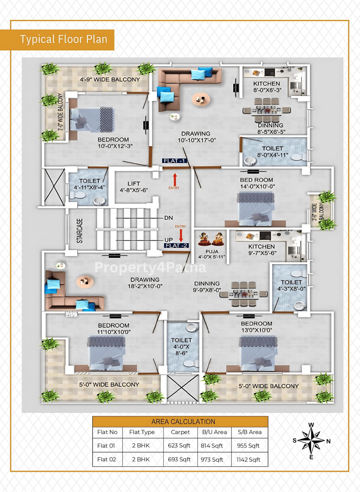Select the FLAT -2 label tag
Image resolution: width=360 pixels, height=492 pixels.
[x=176, y=246]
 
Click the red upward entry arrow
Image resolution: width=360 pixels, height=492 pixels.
[x=175, y=179]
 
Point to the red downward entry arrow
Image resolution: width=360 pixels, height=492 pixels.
[x=181, y=235]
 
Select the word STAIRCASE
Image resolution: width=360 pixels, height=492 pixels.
[x=80, y=231]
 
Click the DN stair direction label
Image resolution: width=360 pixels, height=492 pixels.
[x=169, y=218]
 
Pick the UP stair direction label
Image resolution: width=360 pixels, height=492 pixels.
[x=169, y=240]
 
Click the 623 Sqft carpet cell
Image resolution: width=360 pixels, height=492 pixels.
[x=179, y=446]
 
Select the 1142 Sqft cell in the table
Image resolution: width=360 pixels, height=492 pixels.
[x=248, y=459]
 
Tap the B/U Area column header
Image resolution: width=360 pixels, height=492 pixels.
[x=214, y=432]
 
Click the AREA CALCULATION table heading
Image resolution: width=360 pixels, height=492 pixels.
[x=183, y=422]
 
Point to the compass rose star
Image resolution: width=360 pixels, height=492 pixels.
[x=311, y=440]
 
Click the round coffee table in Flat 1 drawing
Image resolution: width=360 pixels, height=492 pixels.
[x=201, y=99]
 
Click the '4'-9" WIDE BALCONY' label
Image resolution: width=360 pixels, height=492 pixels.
[x=110, y=79]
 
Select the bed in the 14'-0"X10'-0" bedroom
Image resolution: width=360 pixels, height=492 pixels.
[x=255, y=209]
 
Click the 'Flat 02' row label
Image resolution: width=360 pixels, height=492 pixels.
[x=107, y=459]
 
